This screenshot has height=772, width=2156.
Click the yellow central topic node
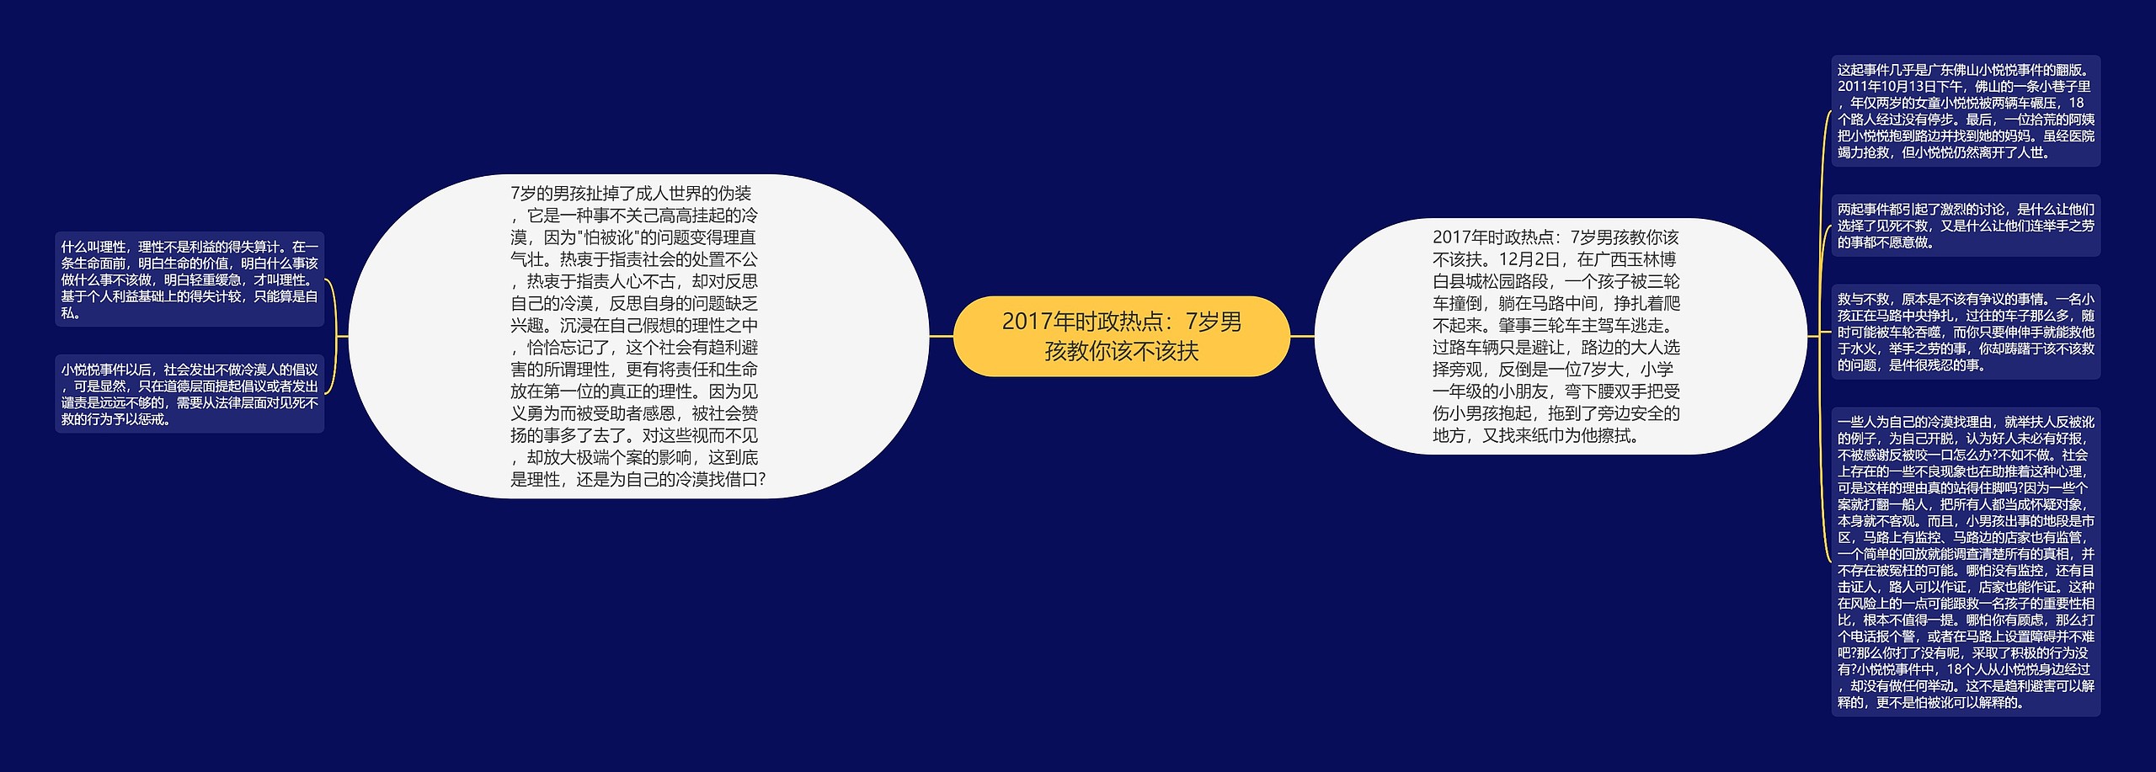(1120, 336)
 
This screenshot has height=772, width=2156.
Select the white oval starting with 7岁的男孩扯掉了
(638, 336)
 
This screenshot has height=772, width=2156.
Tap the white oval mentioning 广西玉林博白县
(1560, 336)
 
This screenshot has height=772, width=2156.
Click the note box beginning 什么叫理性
(189, 280)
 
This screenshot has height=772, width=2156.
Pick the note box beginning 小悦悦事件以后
(189, 394)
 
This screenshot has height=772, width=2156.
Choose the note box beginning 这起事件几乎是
(1965, 111)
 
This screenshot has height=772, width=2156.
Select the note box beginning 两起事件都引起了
(1965, 226)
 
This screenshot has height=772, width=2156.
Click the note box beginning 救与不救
(1965, 332)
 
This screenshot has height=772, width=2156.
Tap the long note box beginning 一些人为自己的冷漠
(1965, 562)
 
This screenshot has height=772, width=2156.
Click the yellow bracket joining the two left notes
(334, 336)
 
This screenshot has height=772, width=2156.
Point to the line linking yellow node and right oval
(1302, 336)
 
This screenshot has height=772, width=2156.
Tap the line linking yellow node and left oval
(941, 336)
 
